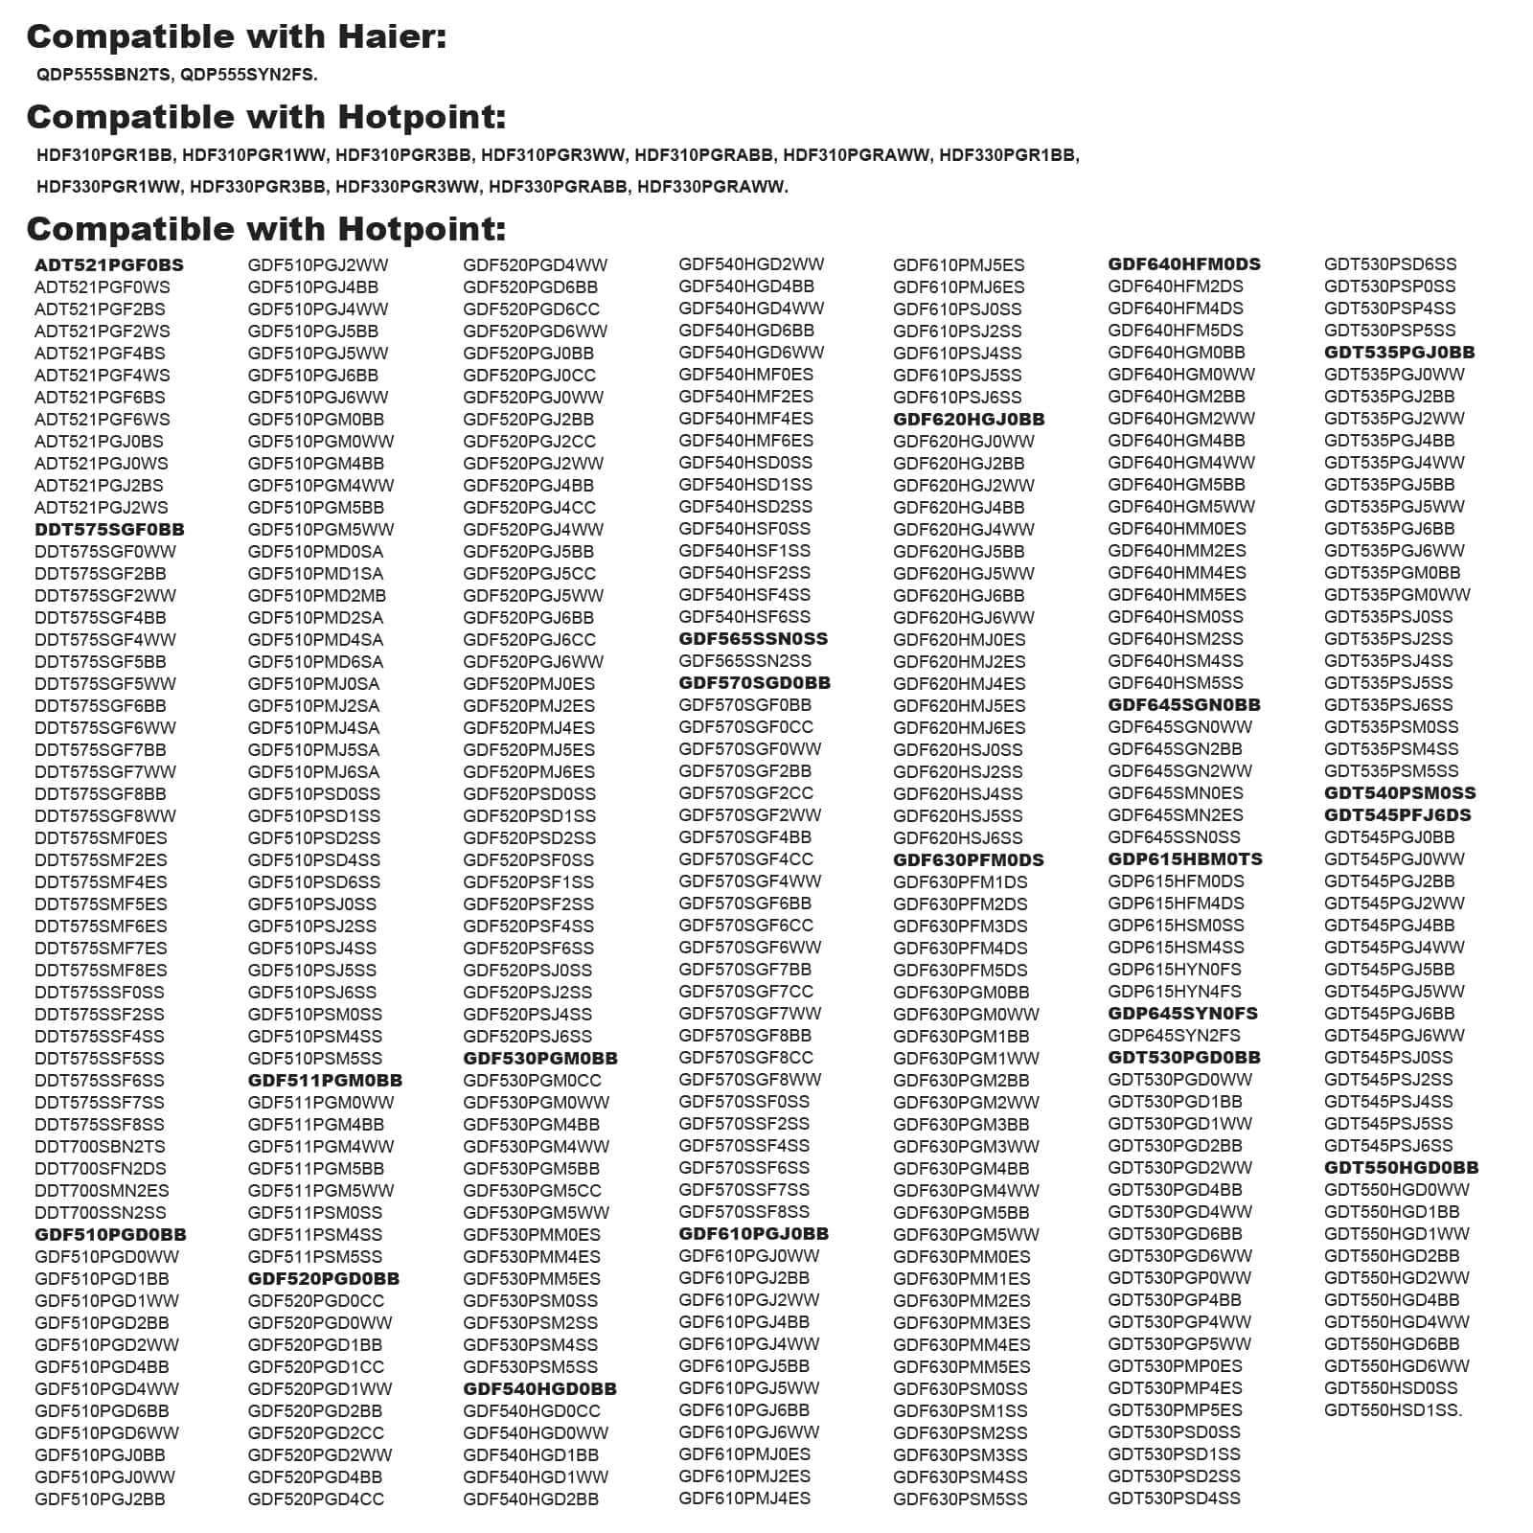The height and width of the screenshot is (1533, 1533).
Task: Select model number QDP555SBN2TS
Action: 103,75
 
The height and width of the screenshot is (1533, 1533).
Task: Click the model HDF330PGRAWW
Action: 712,187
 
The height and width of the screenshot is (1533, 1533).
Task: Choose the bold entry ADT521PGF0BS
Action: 109,265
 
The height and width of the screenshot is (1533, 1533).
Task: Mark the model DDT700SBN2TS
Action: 100,1147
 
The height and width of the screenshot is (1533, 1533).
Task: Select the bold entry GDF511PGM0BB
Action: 325,1081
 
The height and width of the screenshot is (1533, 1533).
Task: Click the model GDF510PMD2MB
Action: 316,596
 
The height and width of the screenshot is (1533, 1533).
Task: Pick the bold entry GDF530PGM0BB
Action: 540,1059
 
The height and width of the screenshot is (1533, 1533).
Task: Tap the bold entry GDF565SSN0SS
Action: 753,639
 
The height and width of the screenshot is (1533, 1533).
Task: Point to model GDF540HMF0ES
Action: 745,375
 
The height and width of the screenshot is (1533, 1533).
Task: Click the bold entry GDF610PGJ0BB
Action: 753,1234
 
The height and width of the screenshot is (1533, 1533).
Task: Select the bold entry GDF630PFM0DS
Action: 968,860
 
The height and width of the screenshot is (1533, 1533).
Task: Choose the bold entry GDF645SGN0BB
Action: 1184,705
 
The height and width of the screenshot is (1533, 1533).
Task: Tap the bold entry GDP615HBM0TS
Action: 1185,859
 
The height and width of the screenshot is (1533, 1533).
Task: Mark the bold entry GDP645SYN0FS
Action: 1182,1014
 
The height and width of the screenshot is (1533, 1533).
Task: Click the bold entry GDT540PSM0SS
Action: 1400,793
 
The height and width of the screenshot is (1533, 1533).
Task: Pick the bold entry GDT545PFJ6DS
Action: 1397,815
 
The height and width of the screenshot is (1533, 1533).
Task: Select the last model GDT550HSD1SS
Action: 1392,1410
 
